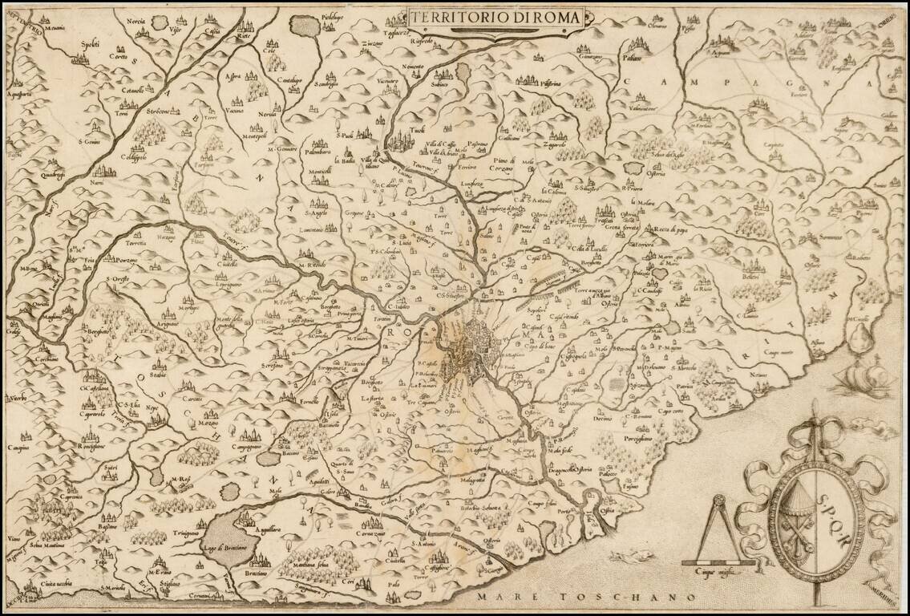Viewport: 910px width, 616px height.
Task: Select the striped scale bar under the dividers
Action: (x=718, y=563)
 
